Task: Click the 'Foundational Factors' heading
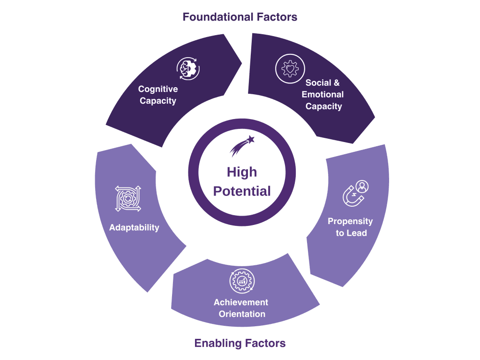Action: pyautogui.click(x=240, y=17)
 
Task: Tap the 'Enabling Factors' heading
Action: pyautogui.click(x=240, y=343)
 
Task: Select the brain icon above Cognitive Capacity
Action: pyautogui.click(x=188, y=68)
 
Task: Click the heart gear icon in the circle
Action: pyautogui.click(x=290, y=68)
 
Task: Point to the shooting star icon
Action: pyautogui.click(x=242, y=146)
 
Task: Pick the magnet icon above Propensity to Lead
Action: pyautogui.click(x=353, y=196)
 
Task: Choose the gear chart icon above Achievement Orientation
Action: pyautogui.click(x=242, y=281)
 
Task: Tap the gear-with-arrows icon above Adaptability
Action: pyautogui.click(x=128, y=199)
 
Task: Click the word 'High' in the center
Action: pyautogui.click(x=242, y=172)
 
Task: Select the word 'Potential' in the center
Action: pyautogui.click(x=242, y=191)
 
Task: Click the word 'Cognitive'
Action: pyautogui.click(x=158, y=89)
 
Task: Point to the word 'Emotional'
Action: pyautogui.click(x=322, y=94)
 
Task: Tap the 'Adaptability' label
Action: pyautogui.click(x=134, y=227)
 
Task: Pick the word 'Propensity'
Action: pyautogui.click(x=350, y=221)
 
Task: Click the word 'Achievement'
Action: pyautogui.click(x=241, y=302)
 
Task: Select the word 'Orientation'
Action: pyautogui.click(x=242, y=314)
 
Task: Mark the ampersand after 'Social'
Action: pyautogui.click(x=337, y=82)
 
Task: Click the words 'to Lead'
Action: pyautogui.click(x=351, y=233)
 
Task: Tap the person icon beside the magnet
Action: pyautogui.click(x=362, y=187)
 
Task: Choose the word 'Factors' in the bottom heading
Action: pyautogui.click(x=265, y=343)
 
